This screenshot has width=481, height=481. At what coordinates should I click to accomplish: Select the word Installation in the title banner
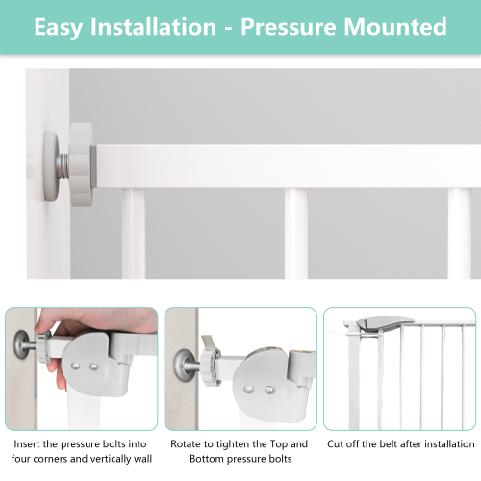(158, 26)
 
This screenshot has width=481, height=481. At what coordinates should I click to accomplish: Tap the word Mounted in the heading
(399, 26)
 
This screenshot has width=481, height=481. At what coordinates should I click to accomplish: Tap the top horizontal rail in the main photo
(289, 165)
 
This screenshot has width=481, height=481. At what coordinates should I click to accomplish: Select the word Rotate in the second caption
(189, 444)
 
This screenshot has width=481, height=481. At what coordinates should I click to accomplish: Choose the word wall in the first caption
(140, 458)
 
